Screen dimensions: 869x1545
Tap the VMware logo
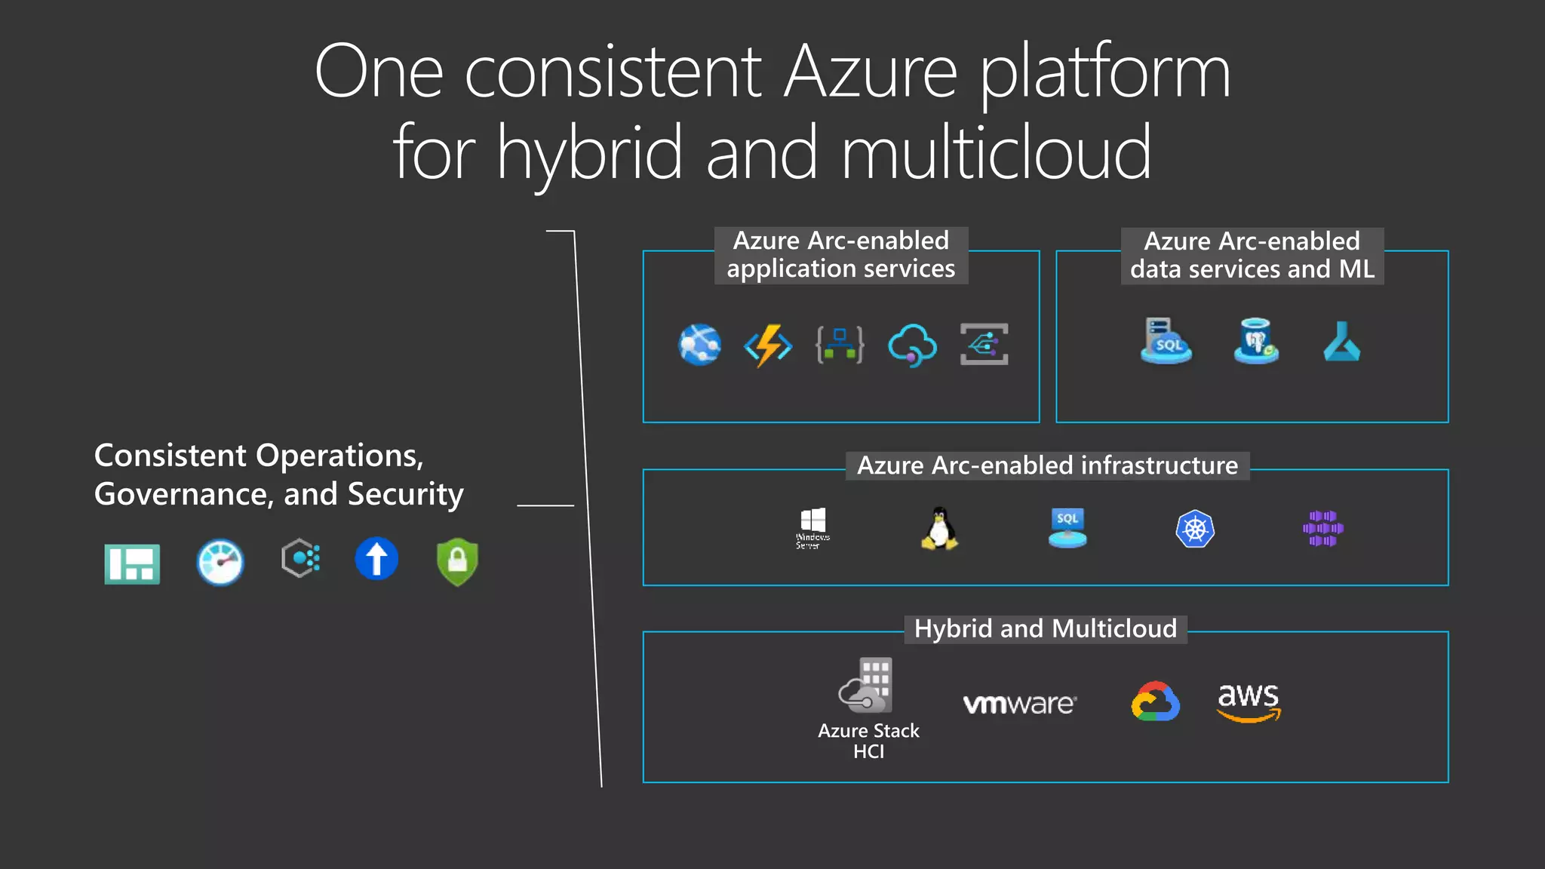1019,704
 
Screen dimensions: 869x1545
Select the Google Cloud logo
1155,702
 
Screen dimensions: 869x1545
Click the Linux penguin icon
939,528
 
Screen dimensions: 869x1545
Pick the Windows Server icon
812,527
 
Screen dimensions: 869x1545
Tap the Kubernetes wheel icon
1195,529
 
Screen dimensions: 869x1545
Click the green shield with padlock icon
457,561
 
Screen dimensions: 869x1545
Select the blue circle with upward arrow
376,559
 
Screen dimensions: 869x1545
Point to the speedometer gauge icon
220,562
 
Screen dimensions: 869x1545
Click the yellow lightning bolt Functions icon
768,345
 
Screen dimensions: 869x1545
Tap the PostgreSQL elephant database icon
1256,341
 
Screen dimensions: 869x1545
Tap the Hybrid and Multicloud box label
1045,628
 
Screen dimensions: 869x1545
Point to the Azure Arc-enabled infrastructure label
1047,465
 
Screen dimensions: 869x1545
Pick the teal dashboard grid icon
132,563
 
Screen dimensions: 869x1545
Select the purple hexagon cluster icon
1322,528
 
